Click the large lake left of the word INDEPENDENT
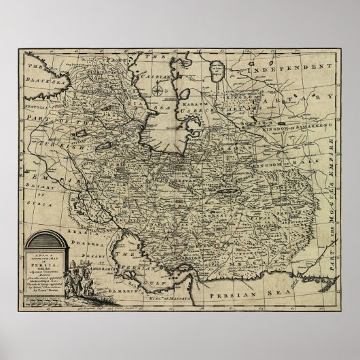[216, 69]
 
